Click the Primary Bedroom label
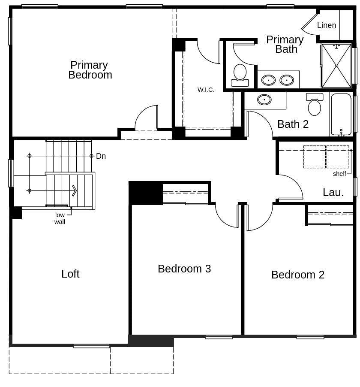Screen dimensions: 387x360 [90, 70]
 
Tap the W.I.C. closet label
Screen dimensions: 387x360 [206, 90]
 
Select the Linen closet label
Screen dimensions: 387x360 [327, 25]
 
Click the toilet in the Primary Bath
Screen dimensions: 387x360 [240, 73]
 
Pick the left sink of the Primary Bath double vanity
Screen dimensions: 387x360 [268, 80]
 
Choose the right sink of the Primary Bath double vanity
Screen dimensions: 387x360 [287, 80]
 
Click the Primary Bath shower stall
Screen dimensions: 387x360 [336, 66]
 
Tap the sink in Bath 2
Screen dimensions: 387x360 [264, 100]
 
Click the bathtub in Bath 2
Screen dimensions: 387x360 [341, 114]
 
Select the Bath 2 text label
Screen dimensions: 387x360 [293, 124]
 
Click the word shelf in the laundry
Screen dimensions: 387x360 [339, 174]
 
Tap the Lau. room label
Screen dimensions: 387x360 [333, 193]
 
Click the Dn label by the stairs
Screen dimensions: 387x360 [101, 156]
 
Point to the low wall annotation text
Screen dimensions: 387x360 [60, 218]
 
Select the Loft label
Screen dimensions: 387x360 [70, 274]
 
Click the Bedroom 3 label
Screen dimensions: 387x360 [184, 269]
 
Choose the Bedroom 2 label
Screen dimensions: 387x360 [298, 275]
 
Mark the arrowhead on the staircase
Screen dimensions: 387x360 [75, 190]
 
